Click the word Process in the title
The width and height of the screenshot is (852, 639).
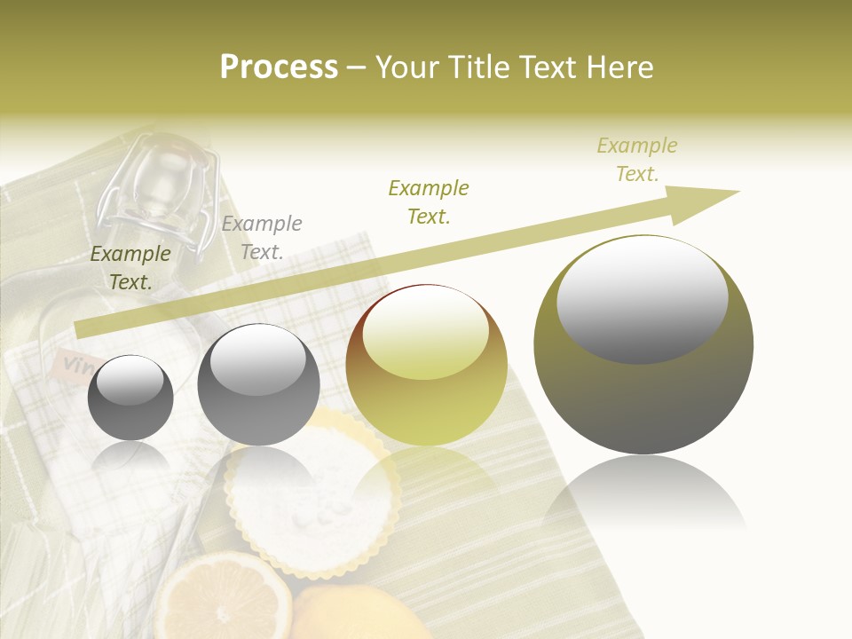(x=279, y=67)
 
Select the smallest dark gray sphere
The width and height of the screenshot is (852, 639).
(x=130, y=398)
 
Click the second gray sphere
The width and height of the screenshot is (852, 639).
(x=258, y=384)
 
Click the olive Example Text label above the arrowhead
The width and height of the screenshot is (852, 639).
(x=636, y=160)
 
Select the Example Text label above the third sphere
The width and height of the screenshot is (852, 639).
(x=429, y=202)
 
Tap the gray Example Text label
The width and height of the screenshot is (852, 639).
(x=262, y=238)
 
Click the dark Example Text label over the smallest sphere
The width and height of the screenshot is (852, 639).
(x=130, y=268)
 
